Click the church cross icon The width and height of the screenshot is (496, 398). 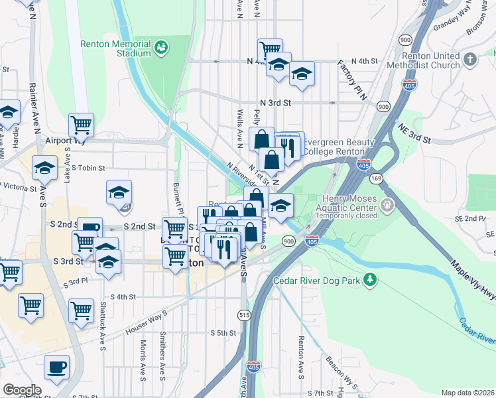pyautogui.click(x=470, y=60)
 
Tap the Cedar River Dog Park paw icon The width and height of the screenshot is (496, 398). pyautogui.click(x=372, y=281)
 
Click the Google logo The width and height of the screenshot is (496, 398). pyautogui.click(x=22, y=389)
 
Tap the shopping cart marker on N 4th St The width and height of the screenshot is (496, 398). pyautogui.click(x=270, y=49)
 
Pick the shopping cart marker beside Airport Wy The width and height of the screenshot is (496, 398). pyautogui.click(x=81, y=123)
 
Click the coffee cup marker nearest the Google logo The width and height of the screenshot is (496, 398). pyautogui.click(x=56, y=366)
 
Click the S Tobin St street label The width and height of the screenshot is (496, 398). pyautogui.click(x=89, y=168)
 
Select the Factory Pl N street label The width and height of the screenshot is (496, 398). pyautogui.click(x=352, y=80)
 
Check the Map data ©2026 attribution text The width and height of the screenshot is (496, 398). pyautogui.click(x=467, y=393)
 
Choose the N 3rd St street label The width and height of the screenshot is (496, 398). pyautogui.click(x=275, y=103)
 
